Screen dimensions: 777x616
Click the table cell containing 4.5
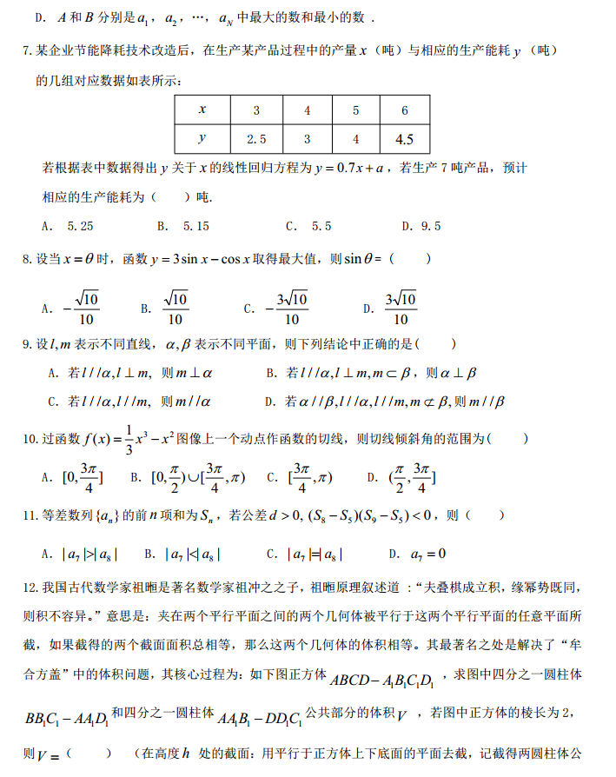coord(404,139)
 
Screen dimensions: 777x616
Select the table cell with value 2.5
coord(256,139)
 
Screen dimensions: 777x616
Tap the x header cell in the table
coord(202,110)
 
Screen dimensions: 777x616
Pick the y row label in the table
coord(202,139)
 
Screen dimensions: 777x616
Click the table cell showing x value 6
coord(404,110)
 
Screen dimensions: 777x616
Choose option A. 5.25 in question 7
coord(68,226)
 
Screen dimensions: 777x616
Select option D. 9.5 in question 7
coord(421,226)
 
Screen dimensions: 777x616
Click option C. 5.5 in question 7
coord(308,226)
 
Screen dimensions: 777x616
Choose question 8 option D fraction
coord(392,308)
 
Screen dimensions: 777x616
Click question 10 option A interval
coord(74,477)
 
